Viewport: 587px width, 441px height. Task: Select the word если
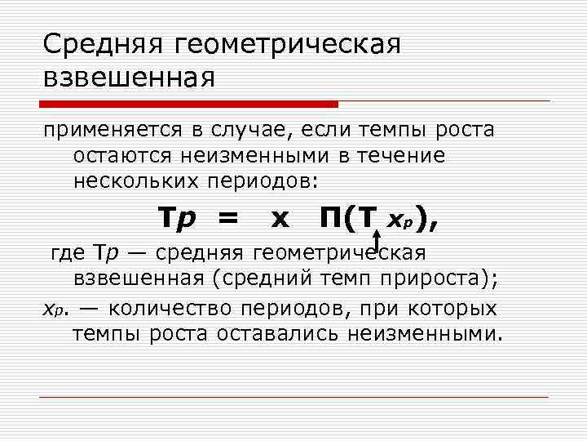pyautogui.click(x=329, y=129)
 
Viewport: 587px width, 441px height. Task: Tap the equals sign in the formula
pyautogui.click(x=228, y=218)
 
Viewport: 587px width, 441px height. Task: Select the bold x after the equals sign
pyautogui.click(x=280, y=219)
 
